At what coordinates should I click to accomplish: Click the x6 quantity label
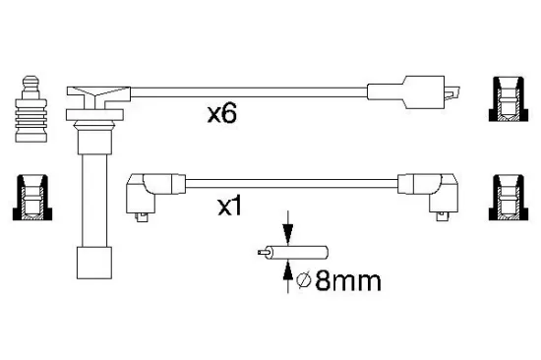[222, 114]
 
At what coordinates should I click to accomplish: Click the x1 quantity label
[230, 207]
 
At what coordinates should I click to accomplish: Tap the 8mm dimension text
[348, 280]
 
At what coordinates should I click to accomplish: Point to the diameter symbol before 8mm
[303, 281]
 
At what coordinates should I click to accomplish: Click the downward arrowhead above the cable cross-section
[288, 235]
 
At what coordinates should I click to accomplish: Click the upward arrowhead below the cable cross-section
[288, 270]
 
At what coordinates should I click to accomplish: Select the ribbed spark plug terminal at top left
[30, 109]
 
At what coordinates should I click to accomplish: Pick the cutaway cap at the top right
[509, 99]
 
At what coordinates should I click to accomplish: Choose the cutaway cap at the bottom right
[509, 198]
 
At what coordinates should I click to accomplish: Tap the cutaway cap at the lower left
[32, 198]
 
